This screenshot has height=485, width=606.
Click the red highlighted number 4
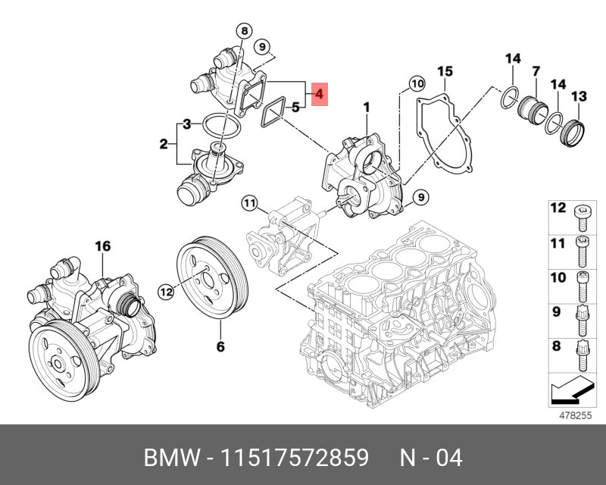(x=319, y=94)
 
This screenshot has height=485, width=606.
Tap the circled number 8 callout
(x=243, y=31)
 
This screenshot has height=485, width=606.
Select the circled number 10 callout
(x=417, y=83)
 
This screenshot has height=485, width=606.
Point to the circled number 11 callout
(x=250, y=202)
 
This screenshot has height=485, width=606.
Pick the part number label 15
(x=445, y=71)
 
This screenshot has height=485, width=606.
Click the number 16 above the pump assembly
(x=102, y=246)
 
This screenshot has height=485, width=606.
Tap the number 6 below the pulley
(x=221, y=346)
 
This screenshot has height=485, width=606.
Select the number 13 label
(x=579, y=96)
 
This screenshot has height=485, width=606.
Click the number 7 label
(x=536, y=71)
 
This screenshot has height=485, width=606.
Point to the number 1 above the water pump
(x=366, y=108)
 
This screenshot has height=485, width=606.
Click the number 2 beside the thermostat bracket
(x=163, y=144)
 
